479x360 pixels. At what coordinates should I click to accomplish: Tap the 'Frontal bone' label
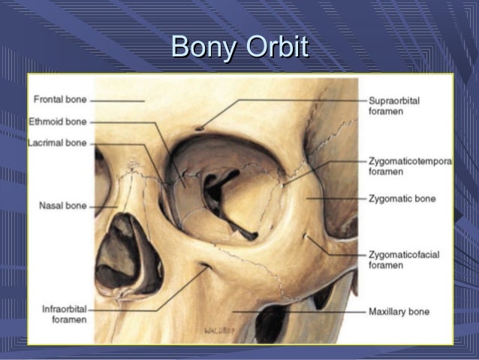coord(60,100)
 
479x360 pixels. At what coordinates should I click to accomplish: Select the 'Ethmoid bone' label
coord(59,121)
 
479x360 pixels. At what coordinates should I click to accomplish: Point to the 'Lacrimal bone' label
coord(59,143)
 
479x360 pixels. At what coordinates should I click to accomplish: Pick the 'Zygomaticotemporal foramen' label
coord(409,166)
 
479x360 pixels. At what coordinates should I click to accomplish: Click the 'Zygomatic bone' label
coord(402,199)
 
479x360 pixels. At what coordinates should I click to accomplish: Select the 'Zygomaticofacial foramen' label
coord(404,259)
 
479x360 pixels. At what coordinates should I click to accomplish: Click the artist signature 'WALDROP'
coord(218,329)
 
